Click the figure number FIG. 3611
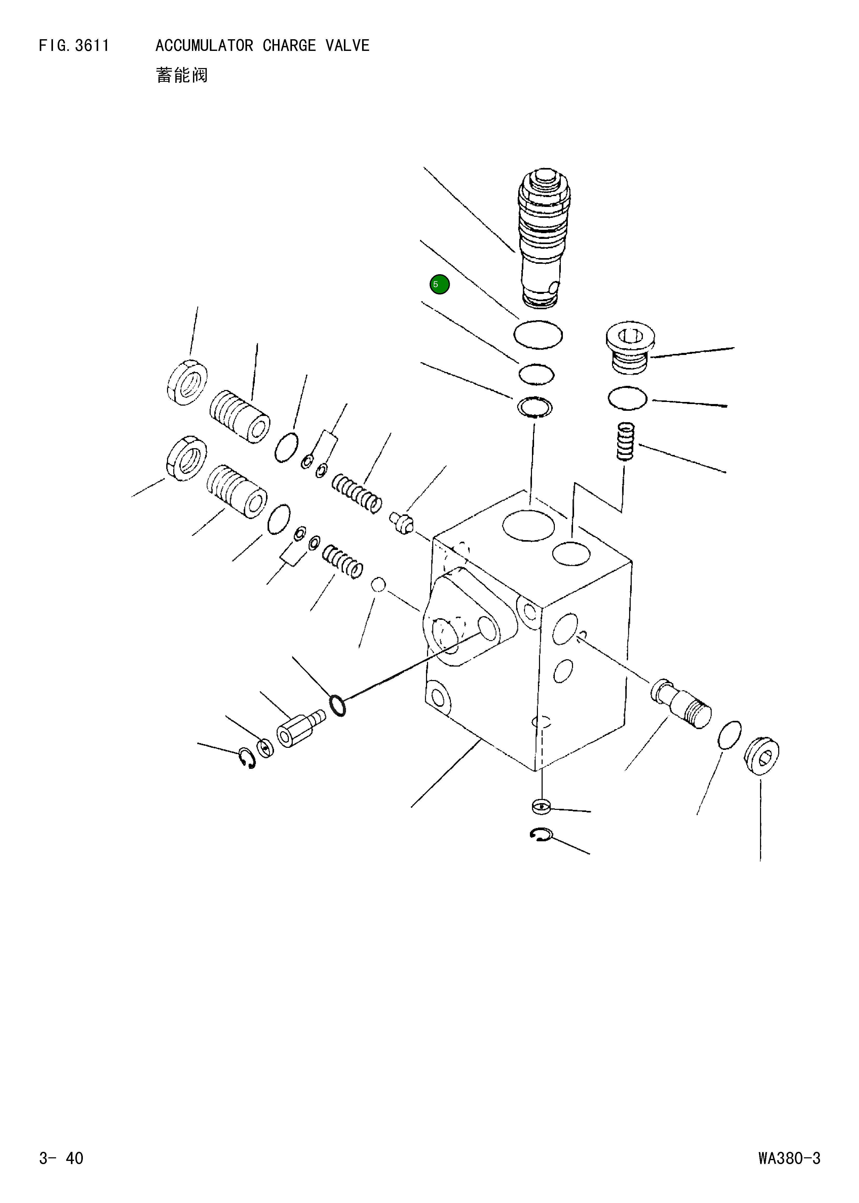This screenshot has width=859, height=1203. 74,46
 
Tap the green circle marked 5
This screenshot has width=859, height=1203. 439,285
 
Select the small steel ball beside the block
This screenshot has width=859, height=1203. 379,585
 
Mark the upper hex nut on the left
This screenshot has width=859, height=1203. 187,382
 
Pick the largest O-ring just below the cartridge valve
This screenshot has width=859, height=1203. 538,335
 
